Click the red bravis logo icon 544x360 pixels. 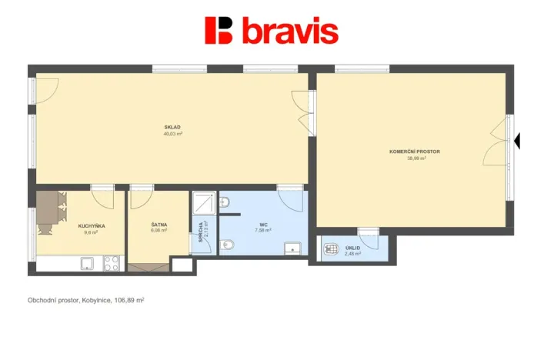click(219, 30)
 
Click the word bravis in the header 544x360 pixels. click(289, 31)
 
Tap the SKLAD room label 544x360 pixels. click(172, 127)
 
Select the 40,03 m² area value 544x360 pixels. click(172, 133)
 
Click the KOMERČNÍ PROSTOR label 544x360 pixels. click(415, 152)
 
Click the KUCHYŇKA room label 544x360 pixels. click(92, 225)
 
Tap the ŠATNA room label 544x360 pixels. click(159, 224)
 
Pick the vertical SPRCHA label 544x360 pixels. click(200, 233)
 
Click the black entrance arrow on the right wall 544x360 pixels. click(517, 141)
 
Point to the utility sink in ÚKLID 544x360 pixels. click(332, 249)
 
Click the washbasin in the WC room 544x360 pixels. click(292, 247)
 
